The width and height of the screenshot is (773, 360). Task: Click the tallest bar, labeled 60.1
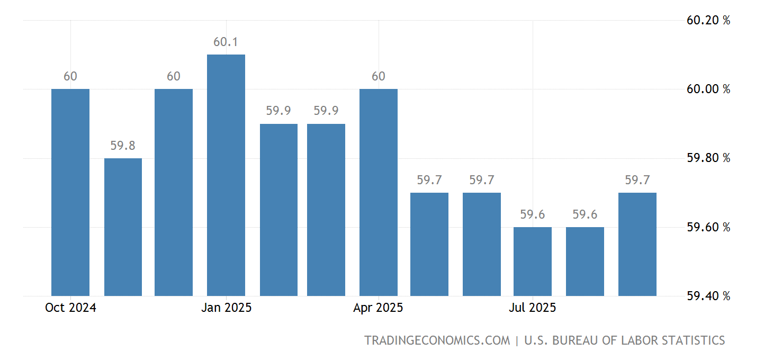tap(226, 175)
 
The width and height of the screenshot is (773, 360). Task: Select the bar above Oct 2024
tap(70, 192)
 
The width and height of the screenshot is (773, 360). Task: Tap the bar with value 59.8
tap(123, 227)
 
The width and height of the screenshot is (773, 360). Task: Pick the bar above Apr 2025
tap(378, 192)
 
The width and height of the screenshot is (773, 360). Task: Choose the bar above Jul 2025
tap(533, 261)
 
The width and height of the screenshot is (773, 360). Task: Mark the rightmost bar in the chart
tap(637, 244)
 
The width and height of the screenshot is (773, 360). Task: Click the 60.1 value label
tap(226, 42)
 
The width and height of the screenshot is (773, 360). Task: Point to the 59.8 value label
tap(123, 146)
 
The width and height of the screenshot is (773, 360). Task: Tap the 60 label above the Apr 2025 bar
tap(378, 76)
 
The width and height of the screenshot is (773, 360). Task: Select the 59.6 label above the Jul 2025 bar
tap(533, 214)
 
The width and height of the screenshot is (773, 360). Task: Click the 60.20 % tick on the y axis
tap(708, 21)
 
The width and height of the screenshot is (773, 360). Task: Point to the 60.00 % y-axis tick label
tap(708, 89)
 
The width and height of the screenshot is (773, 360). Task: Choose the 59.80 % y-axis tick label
tap(708, 158)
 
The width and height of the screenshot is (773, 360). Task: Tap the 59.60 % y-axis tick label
tap(708, 227)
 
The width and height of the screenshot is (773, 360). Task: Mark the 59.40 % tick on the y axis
tap(708, 296)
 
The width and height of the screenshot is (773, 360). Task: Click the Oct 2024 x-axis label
tap(70, 308)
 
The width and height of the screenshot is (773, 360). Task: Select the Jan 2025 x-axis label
tap(226, 308)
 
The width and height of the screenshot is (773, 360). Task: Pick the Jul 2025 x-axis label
tap(533, 308)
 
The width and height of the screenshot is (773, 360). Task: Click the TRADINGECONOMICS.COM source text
tap(437, 340)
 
